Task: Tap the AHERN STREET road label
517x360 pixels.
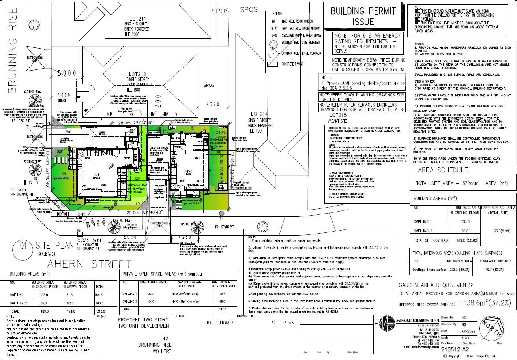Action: point(90,264)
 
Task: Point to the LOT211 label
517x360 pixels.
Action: point(138,19)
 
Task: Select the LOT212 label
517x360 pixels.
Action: point(139,74)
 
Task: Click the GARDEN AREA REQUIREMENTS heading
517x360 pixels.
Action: point(436,285)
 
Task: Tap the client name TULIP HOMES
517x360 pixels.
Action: point(220,322)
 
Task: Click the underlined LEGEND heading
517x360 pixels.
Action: point(276,14)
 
